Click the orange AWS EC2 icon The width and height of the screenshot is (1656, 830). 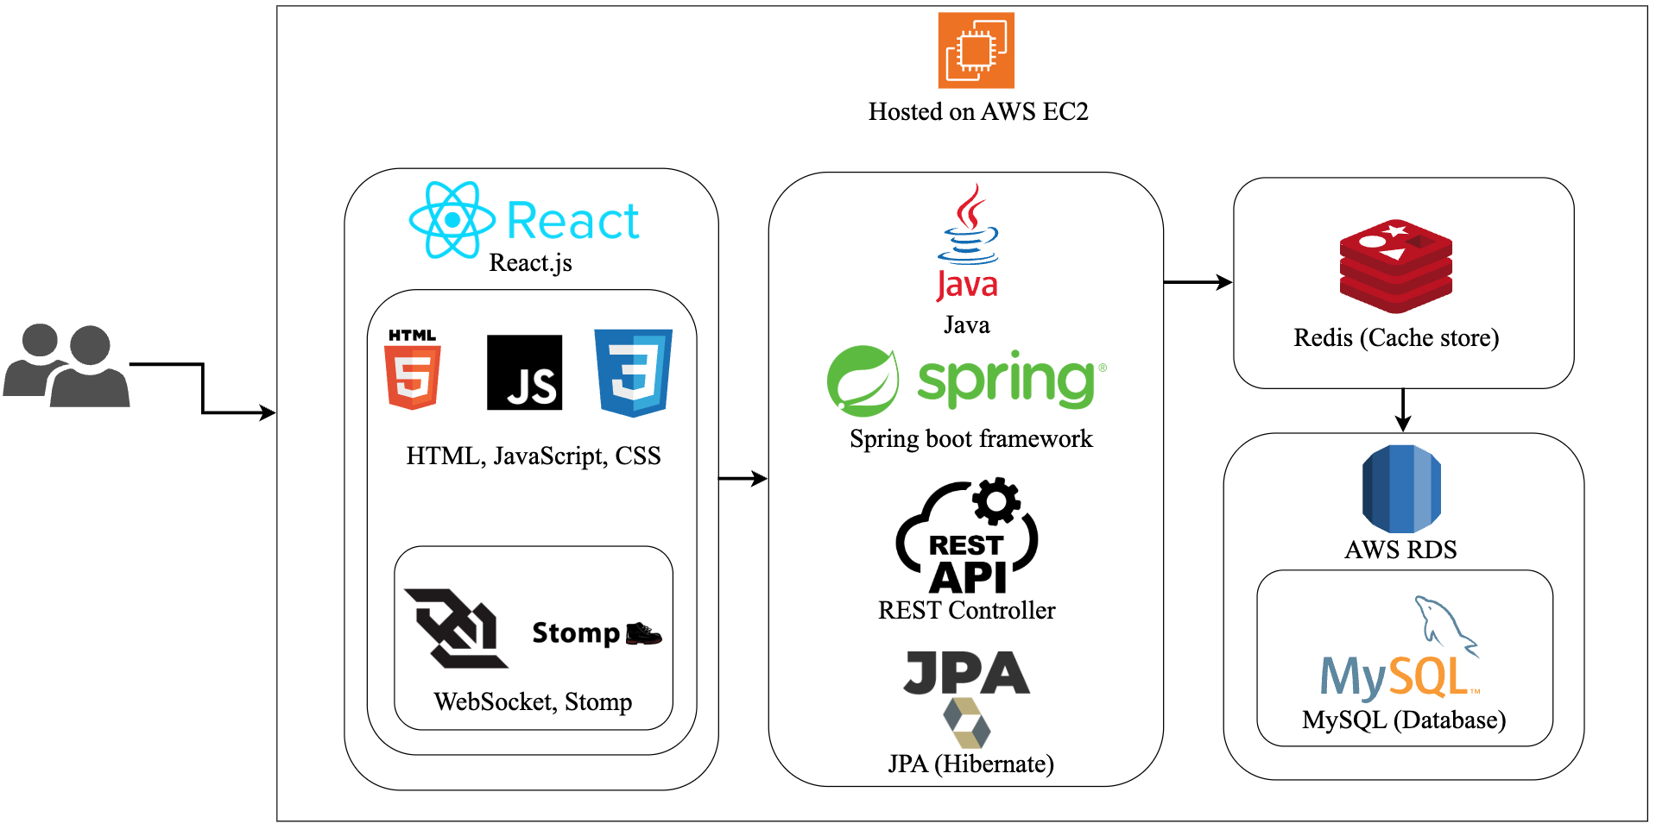click(976, 50)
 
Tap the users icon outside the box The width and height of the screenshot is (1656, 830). click(66, 366)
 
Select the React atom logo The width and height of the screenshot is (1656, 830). click(452, 220)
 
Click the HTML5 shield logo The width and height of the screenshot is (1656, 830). click(413, 371)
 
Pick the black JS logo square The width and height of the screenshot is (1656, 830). click(524, 373)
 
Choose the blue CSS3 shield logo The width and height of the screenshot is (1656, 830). click(633, 373)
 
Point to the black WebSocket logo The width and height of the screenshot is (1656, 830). click(456, 628)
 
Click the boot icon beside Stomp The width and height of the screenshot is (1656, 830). click(643, 633)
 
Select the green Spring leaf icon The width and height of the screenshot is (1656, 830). click(862, 380)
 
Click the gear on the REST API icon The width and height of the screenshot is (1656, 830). click(996, 500)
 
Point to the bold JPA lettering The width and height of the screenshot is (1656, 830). click(966, 673)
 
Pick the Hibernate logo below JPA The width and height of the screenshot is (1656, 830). click(966, 723)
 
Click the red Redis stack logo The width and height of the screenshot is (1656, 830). click(1395, 266)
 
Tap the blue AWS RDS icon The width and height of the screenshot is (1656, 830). click(1401, 488)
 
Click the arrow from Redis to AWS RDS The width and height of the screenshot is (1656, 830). click(1403, 411)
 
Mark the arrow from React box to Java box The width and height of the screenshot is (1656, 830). click(743, 478)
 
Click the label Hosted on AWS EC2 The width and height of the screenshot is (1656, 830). click(978, 112)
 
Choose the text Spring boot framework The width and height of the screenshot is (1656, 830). click(970, 439)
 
